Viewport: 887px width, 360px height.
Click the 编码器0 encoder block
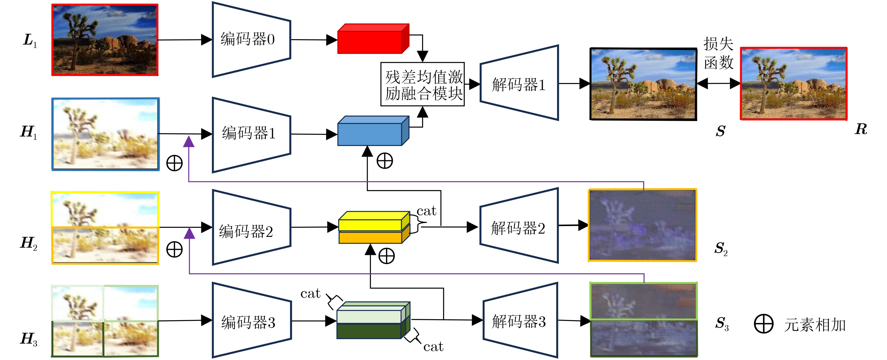[x=251, y=40]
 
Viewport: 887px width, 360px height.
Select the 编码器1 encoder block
[x=251, y=135]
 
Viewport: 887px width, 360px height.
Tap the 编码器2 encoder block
[x=251, y=227]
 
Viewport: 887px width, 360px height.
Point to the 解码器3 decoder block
[x=520, y=320]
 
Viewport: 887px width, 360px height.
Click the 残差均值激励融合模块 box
[x=422, y=84]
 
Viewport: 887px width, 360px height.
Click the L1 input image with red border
[x=105, y=40]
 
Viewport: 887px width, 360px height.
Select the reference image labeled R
[x=794, y=84]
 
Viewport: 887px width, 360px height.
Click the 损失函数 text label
[x=718, y=53]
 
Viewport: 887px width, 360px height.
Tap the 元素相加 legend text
[x=815, y=325]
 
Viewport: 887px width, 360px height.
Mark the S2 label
[x=721, y=249]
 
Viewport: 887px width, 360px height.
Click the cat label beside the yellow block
[x=426, y=211]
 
